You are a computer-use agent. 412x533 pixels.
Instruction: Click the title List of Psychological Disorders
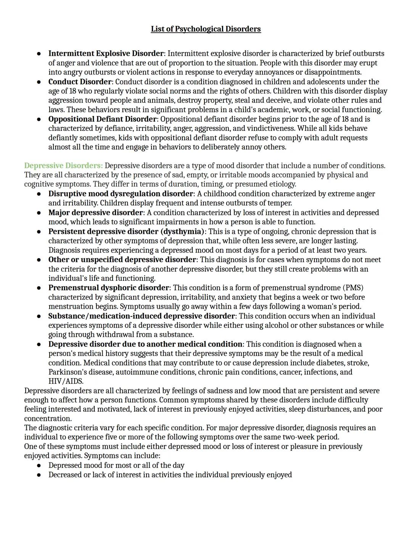click(x=206, y=29)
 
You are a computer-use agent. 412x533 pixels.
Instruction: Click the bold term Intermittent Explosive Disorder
click(x=106, y=53)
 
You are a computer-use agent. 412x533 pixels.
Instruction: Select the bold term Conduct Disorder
click(x=80, y=82)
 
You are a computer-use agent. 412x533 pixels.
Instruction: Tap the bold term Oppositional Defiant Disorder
click(x=102, y=119)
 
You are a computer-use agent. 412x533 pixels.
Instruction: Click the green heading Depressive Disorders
click(x=63, y=166)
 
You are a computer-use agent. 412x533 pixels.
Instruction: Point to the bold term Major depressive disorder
click(x=95, y=213)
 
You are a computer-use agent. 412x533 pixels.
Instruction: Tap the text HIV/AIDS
click(x=66, y=381)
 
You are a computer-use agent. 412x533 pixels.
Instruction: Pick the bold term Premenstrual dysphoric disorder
click(x=108, y=288)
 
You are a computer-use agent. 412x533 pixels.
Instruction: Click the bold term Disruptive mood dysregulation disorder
click(x=121, y=194)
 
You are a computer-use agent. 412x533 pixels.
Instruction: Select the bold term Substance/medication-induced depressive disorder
click(x=141, y=316)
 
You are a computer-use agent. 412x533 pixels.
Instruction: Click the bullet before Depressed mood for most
click(x=39, y=466)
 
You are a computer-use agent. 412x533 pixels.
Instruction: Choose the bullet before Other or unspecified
click(x=39, y=260)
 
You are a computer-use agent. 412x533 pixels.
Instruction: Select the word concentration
click(x=48, y=419)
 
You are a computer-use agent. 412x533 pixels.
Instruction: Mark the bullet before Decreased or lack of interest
click(x=39, y=475)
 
